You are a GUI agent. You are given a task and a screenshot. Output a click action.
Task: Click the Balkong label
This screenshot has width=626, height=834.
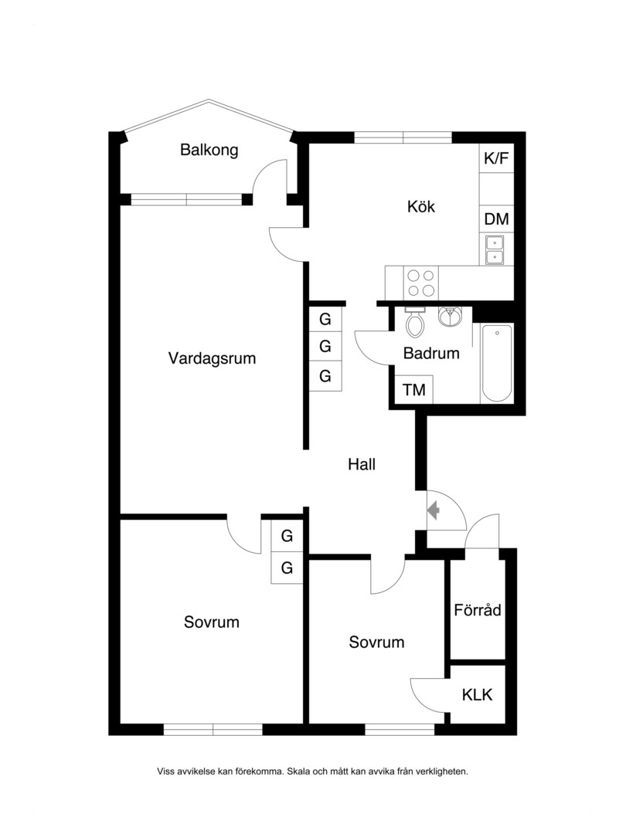(209, 150)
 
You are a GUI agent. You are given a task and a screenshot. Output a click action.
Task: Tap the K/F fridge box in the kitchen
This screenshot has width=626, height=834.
(496, 158)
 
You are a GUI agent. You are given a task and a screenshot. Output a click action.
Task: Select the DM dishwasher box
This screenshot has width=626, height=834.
(496, 219)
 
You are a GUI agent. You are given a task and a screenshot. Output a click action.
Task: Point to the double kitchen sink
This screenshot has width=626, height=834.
(496, 250)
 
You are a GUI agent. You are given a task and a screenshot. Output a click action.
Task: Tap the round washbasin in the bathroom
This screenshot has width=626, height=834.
(451, 317)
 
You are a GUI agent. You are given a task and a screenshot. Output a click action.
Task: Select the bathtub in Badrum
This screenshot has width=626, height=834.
(497, 363)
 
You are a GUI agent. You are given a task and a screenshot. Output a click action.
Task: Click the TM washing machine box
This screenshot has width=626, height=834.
(414, 389)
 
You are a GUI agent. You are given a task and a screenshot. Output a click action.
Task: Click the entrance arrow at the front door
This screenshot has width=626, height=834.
(434, 510)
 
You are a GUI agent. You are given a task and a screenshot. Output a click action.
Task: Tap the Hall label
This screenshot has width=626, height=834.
(362, 464)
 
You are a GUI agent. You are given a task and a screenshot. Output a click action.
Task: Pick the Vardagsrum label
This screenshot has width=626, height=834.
(212, 358)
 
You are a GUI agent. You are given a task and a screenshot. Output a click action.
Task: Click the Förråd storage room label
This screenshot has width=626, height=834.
(478, 609)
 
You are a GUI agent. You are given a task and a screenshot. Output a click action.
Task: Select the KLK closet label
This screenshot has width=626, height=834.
(477, 695)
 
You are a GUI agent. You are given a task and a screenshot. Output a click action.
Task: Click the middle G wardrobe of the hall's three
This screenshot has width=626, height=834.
(325, 347)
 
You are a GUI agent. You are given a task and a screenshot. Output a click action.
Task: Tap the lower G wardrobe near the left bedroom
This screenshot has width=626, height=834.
(287, 568)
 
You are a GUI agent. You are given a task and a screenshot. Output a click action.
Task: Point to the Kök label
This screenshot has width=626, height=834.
(421, 206)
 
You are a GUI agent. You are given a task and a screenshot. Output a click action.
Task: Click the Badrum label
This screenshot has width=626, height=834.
(431, 353)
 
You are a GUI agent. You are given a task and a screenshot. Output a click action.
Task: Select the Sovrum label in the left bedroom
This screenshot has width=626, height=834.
(211, 622)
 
